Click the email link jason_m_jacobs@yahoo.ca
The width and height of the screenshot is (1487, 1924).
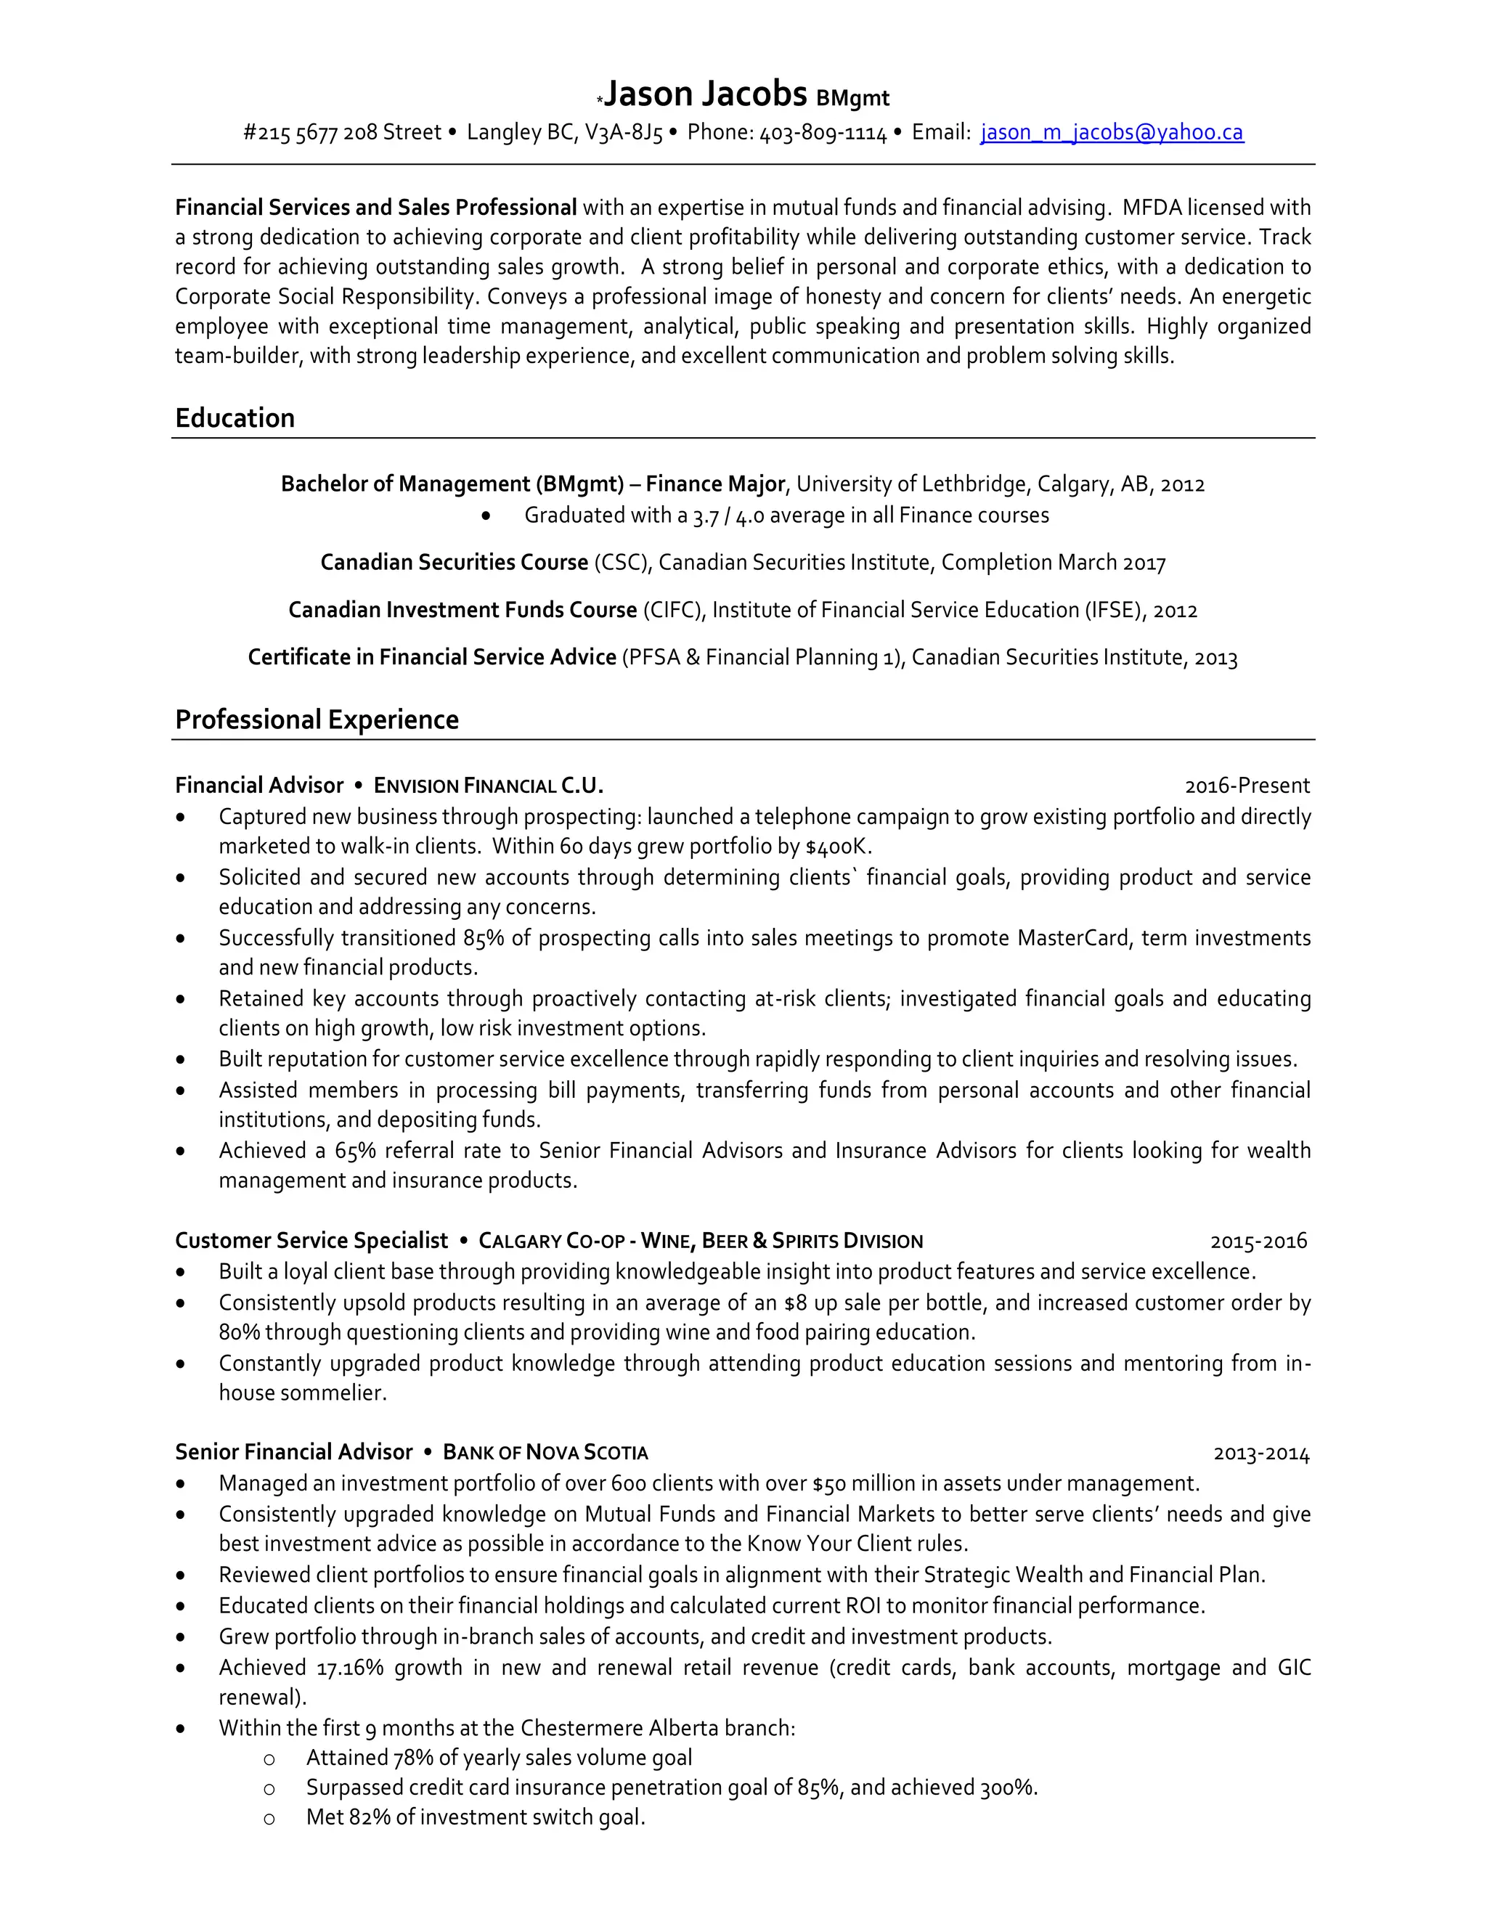click(x=1112, y=132)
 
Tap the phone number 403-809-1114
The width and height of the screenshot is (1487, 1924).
click(x=823, y=133)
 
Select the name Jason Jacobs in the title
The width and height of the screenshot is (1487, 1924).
click(x=706, y=94)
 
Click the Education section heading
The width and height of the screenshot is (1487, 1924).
click(x=235, y=417)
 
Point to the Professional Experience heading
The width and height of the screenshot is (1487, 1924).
click(x=317, y=720)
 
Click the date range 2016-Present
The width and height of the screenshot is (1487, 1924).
click(x=1247, y=786)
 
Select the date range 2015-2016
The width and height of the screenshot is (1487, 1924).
click(x=1258, y=1242)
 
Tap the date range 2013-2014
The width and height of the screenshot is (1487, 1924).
click(x=1260, y=1454)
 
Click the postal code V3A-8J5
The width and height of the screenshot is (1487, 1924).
click(x=624, y=133)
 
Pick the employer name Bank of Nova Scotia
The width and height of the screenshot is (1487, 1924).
click(x=545, y=1453)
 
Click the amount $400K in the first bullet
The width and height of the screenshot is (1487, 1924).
click(x=837, y=847)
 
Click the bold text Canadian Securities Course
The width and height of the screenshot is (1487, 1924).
click(x=454, y=562)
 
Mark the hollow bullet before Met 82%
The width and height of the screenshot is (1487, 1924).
click(x=269, y=1818)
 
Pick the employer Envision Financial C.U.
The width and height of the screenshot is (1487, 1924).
click(x=489, y=786)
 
